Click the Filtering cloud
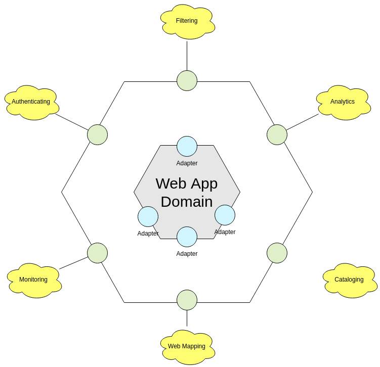[x=187, y=21]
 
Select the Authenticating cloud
[x=31, y=102]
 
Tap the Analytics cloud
[x=343, y=102]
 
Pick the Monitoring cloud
[x=34, y=280]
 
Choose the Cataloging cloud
[x=349, y=280]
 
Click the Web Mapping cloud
[x=187, y=347]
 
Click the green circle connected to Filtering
[x=187, y=81]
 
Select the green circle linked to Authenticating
[x=97, y=135]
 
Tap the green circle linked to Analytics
[x=277, y=135]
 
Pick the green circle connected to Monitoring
[x=97, y=253]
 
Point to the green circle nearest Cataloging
[x=277, y=253]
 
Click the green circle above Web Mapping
[x=187, y=300]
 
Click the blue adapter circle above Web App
[x=187, y=147]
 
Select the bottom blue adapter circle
[x=187, y=237]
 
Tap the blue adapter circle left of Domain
[x=148, y=217]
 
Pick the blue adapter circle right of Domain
[x=225, y=215]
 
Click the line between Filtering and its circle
[x=187, y=56]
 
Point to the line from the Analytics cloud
[x=303, y=122]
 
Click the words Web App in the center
[x=187, y=183]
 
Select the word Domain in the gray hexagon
[x=187, y=202]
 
